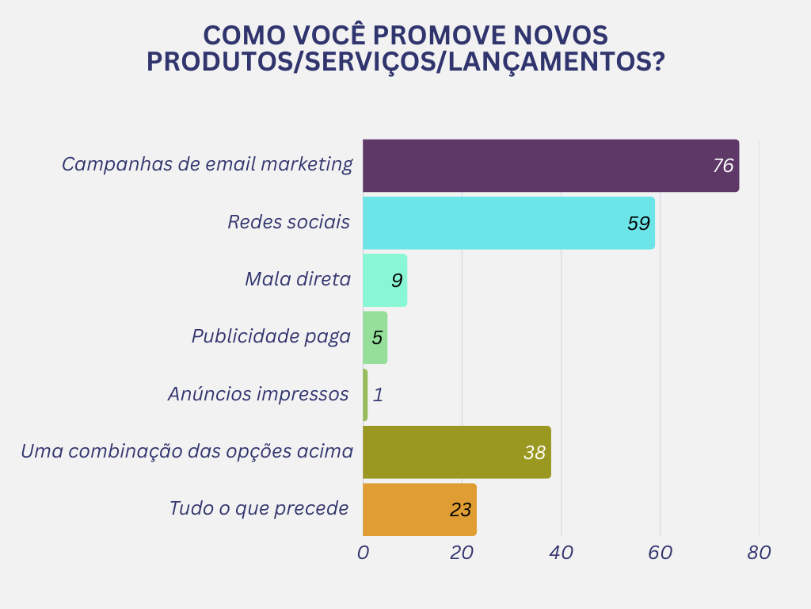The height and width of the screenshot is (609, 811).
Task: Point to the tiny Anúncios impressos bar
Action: coord(365,394)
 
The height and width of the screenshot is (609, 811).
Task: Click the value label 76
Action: coord(723,166)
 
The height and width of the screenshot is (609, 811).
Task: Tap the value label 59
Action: coord(638,224)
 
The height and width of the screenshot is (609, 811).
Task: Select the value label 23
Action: coord(460,509)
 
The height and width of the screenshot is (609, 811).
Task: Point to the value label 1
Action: coord(378,394)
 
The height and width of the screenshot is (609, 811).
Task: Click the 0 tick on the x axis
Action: coord(363,553)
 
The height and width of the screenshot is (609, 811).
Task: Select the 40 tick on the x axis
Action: coord(561,553)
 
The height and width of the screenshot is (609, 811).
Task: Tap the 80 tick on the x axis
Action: coord(759,553)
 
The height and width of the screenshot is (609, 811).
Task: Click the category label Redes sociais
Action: coord(288,222)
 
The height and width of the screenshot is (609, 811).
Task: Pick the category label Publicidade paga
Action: coord(271,336)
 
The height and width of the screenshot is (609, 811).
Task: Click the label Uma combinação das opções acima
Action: coord(187,451)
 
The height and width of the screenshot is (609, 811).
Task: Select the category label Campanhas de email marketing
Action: coord(208,164)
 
